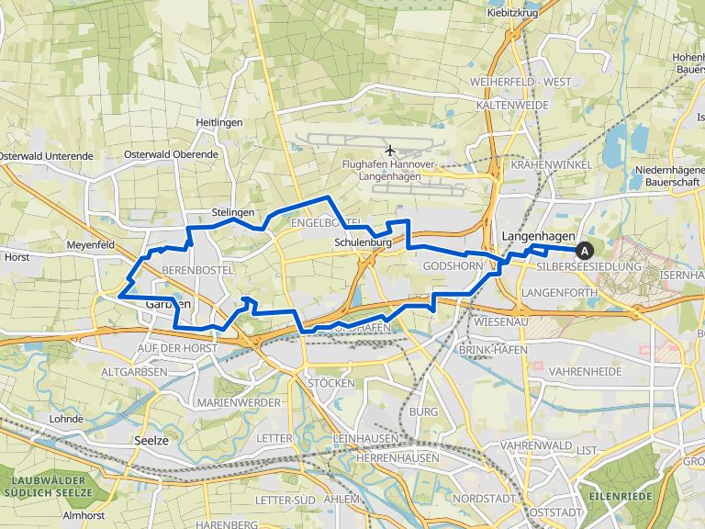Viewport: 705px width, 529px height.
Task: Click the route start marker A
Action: point(584,249)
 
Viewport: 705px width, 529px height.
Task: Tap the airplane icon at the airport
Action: point(390,150)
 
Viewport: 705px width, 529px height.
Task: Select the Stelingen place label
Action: point(232,212)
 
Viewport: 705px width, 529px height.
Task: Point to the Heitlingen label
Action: point(218,122)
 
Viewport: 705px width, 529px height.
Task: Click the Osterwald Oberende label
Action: point(171,154)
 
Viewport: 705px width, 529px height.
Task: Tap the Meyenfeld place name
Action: point(90,245)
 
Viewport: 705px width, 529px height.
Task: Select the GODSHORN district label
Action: point(453,265)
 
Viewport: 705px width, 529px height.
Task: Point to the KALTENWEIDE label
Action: point(512,106)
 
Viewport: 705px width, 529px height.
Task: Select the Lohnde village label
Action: point(67,419)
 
